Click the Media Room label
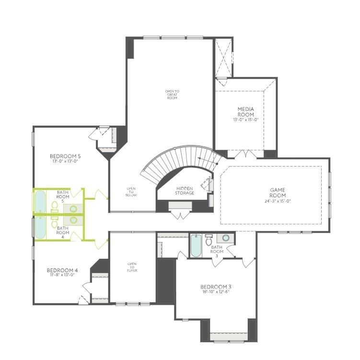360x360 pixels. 245,112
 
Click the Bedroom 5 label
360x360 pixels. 65,156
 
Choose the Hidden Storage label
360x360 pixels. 185,191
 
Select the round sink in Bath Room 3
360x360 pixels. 225,238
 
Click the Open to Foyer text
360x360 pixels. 132,267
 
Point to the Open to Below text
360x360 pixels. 131,192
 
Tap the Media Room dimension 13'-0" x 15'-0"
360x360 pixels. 245,120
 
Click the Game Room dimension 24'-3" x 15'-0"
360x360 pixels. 278,201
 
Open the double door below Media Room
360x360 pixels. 245,155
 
